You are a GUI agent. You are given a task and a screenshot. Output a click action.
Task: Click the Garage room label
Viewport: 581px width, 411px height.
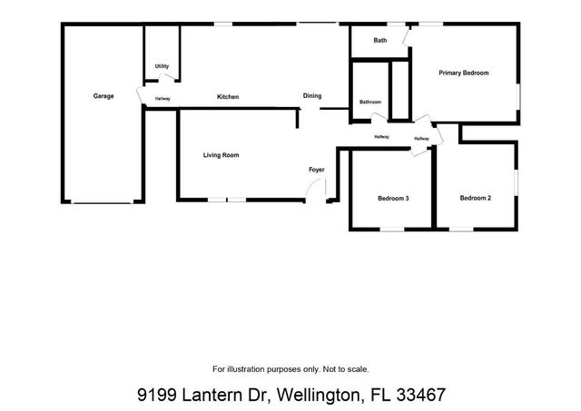[103, 96]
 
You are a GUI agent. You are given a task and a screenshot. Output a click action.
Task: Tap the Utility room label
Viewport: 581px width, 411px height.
[162, 66]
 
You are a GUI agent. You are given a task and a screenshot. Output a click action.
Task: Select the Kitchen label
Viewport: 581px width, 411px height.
[227, 96]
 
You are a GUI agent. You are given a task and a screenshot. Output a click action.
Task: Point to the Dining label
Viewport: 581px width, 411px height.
[311, 96]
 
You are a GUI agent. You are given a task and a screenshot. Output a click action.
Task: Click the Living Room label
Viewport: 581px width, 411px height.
[221, 156]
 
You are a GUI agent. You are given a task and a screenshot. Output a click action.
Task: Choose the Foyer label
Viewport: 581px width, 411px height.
[317, 170]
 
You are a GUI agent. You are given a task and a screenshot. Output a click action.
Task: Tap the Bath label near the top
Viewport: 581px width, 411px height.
[380, 41]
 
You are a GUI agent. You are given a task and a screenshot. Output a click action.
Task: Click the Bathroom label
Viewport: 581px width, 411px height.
[369, 102]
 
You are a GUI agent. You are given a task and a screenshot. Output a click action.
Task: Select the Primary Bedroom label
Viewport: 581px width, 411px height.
[464, 73]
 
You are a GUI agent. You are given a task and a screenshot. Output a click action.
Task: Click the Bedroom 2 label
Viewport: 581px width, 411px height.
[475, 198]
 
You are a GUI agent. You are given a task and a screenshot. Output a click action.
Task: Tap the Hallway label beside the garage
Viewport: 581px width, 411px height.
[162, 98]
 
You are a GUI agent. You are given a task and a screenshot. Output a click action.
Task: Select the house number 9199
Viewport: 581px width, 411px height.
[155, 396]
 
